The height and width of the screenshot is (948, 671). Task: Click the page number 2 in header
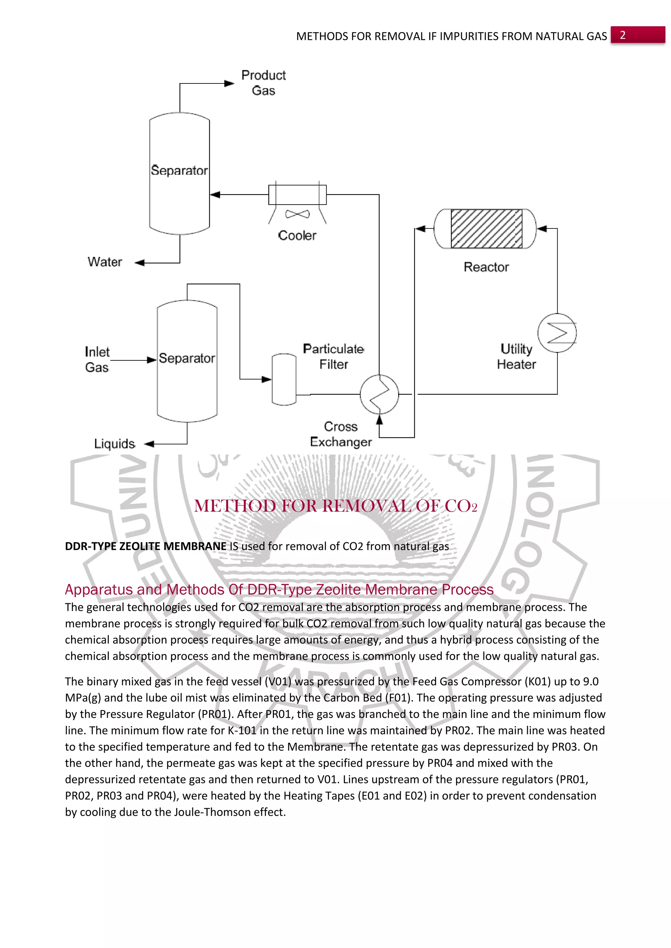622,35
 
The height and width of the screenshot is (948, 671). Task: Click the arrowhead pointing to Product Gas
229,83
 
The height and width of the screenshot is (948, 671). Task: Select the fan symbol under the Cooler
297,214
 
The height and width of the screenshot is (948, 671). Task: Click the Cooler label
297,235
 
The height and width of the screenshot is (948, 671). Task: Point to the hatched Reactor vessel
486,229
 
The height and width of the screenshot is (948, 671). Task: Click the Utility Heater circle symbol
557,333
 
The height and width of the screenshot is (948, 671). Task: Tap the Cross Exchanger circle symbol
379,394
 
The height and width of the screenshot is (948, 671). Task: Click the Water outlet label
105,262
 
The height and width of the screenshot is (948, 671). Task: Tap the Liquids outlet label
114,444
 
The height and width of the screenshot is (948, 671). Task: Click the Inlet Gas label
97,359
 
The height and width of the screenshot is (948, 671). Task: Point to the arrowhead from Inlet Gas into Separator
152,360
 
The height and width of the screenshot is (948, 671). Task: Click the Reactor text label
486,267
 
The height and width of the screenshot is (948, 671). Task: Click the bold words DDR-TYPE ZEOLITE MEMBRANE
145,546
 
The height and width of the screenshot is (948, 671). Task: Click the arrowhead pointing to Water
140,263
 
